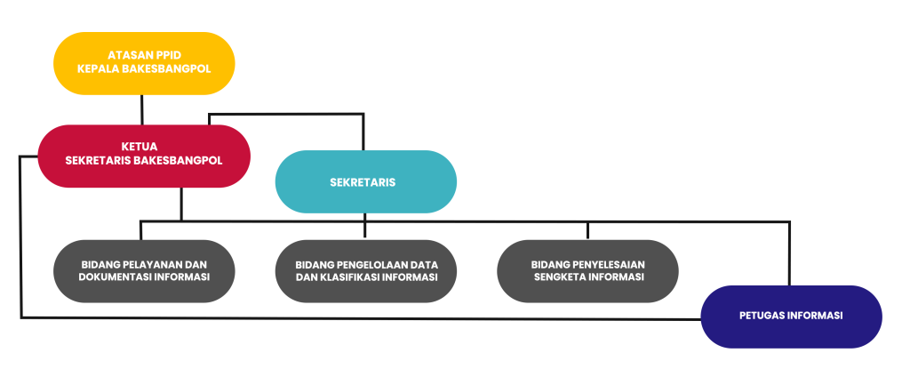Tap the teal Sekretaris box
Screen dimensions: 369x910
click(365, 182)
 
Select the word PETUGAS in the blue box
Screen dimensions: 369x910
click(762, 316)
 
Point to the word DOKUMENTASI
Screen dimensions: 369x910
click(114, 277)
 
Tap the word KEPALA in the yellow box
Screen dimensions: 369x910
click(97, 70)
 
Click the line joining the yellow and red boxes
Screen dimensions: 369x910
click(142, 109)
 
